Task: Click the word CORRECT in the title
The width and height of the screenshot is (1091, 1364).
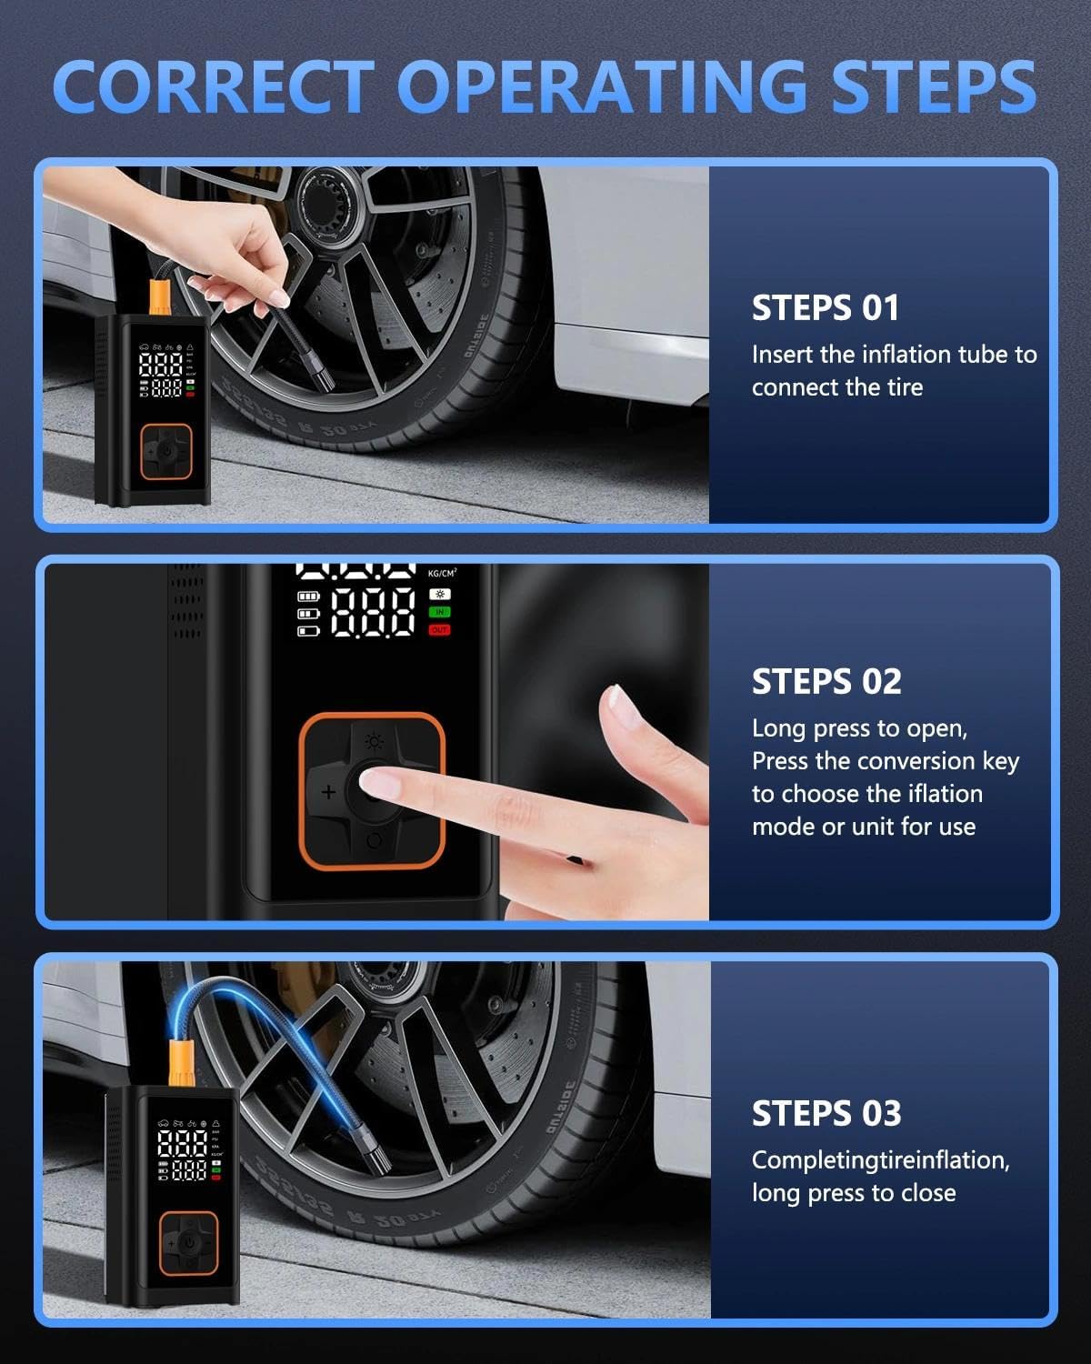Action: (214, 86)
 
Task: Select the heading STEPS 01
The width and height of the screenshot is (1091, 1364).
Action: (826, 308)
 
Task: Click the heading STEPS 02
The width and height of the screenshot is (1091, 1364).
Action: (826, 681)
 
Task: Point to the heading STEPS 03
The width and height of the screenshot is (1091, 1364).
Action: (826, 1114)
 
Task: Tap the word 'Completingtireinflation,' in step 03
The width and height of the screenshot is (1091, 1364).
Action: (881, 1160)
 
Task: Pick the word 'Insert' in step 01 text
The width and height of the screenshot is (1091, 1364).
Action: (782, 355)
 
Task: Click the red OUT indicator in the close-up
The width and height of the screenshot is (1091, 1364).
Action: (439, 629)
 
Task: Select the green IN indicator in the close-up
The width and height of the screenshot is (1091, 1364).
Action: (439, 612)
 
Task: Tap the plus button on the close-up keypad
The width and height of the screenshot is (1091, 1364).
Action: (328, 792)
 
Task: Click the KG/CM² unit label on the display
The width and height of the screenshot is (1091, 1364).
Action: (442, 573)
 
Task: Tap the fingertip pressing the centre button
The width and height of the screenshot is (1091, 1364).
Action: (378, 784)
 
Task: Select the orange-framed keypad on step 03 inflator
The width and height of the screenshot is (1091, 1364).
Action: (189, 1243)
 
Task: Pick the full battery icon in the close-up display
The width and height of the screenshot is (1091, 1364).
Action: (308, 597)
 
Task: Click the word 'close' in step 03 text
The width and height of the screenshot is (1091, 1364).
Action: (928, 1193)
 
